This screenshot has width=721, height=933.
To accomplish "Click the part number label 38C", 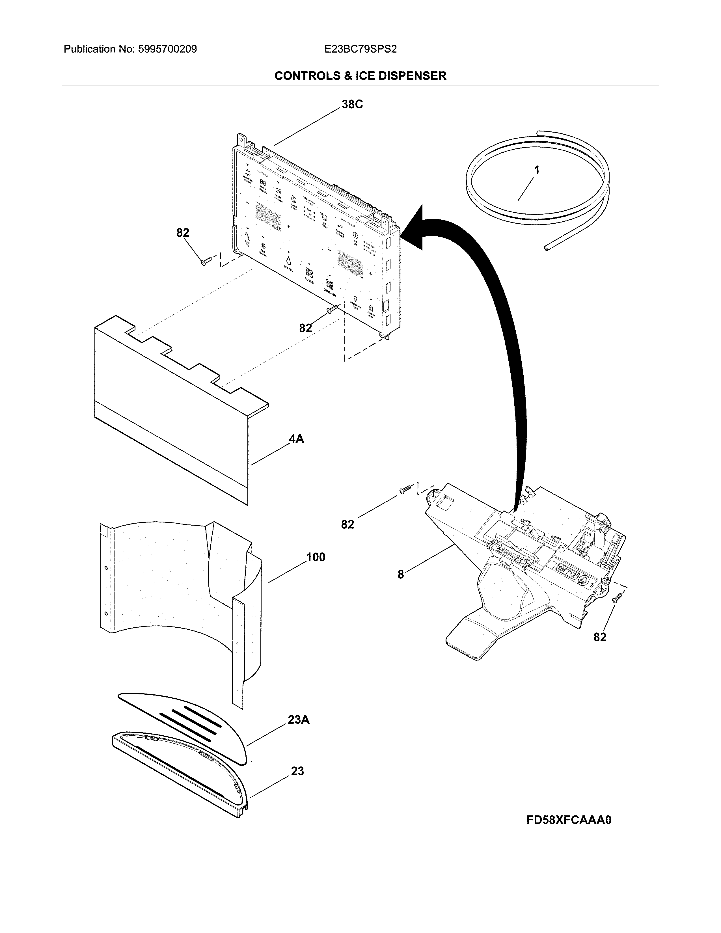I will pyautogui.click(x=352, y=104).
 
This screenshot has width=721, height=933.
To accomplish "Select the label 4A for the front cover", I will pyautogui.click(x=296, y=439).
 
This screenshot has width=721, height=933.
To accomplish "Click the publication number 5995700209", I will pyautogui.click(x=167, y=49).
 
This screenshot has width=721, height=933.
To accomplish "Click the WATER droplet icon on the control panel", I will pyautogui.click(x=289, y=260).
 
